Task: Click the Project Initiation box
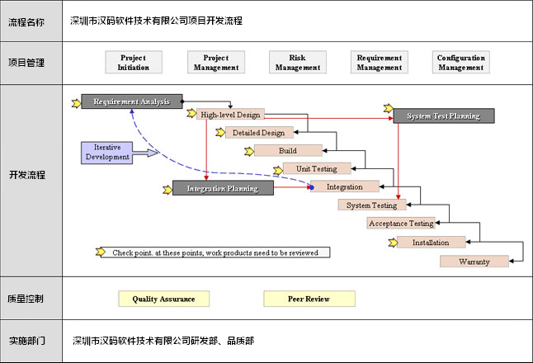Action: (x=134, y=63)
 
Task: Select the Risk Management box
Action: (x=298, y=63)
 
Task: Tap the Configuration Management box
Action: (x=461, y=63)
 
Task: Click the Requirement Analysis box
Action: (x=131, y=101)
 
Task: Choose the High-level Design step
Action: (x=230, y=115)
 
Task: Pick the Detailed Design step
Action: (x=258, y=133)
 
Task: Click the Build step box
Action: (x=288, y=151)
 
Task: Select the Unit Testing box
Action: (x=317, y=169)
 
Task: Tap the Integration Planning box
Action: (x=223, y=189)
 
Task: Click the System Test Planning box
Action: (x=443, y=116)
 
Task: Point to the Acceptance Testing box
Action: (x=401, y=224)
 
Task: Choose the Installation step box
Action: (x=431, y=243)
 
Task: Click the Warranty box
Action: (x=474, y=262)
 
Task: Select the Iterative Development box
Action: (x=108, y=152)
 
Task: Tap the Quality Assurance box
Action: (x=163, y=299)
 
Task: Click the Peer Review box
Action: (x=309, y=299)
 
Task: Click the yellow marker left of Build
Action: (x=248, y=151)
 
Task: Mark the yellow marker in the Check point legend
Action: (x=101, y=252)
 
